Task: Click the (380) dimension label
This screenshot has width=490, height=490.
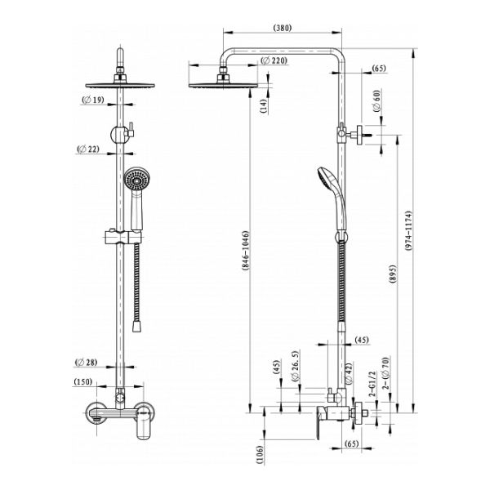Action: [x=283, y=28]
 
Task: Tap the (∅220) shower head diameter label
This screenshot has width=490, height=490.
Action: [x=274, y=60]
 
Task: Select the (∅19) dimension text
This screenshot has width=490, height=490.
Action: [x=93, y=100]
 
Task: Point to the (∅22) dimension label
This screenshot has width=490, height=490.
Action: [x=88, y=149]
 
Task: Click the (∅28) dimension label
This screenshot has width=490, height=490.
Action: [x=87, y=362]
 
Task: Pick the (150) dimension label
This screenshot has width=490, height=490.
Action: [x=83, y=381]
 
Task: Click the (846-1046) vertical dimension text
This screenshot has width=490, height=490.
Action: [x=245, y=251]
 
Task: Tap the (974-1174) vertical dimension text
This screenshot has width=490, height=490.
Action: [x=408, y=230]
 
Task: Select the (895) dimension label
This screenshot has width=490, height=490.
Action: [x=393, y=274]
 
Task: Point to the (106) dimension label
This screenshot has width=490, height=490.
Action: [x=261, y=455]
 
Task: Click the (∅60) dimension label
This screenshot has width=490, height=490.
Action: [x=377, y=100]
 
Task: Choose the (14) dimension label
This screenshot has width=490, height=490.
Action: [x=264, y=105]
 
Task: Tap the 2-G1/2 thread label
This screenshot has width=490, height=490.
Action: [x=372, y=384]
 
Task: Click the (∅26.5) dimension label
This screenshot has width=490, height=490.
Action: [x=295, y=366]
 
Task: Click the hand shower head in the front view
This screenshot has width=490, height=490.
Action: [x=137, y=180]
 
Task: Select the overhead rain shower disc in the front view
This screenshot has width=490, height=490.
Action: [x=120, y=85]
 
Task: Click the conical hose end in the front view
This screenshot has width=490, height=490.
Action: [x=136, y=326]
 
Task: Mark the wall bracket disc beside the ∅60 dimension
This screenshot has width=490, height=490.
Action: [x=359, y=135]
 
